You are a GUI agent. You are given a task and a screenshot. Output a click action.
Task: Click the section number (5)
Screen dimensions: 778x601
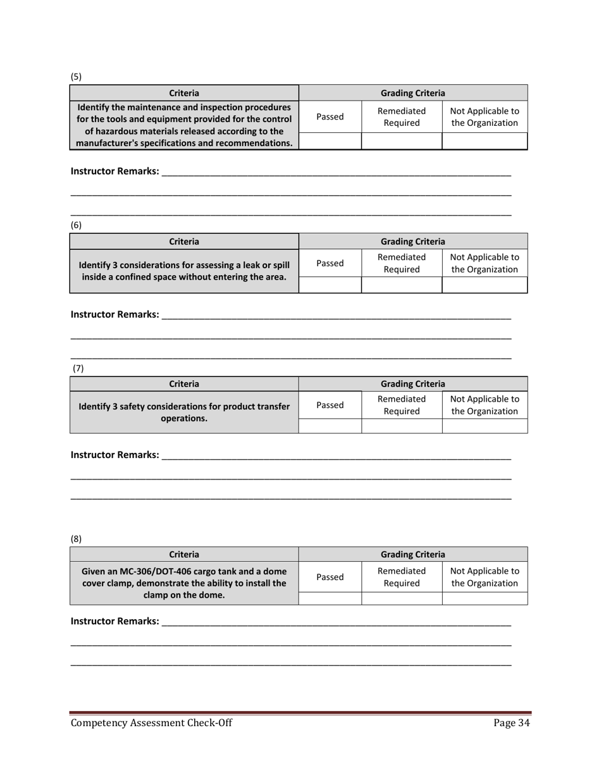click(76, 77)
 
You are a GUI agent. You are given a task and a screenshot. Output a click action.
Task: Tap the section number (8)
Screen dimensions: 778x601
click(76, 539)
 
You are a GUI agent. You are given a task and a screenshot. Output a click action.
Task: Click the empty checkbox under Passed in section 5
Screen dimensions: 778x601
click(330, 141)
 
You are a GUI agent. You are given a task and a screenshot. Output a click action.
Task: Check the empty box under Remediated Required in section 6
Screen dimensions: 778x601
click(401, 285)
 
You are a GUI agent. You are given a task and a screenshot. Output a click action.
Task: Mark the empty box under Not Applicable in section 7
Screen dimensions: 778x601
click(485, 426)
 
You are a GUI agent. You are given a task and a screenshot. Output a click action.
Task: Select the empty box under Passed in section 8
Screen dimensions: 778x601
click(330, 598)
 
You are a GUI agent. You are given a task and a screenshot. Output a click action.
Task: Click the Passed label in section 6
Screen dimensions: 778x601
click(330, 263)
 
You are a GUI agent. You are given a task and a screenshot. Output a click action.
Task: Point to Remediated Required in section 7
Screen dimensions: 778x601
click(401, 405)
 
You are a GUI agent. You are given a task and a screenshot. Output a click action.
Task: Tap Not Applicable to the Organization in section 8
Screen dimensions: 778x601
click(485, 577)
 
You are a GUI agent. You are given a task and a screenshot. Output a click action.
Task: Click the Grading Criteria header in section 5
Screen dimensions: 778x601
click(412, 93)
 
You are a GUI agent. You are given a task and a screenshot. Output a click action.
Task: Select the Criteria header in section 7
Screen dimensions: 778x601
click(184, 384)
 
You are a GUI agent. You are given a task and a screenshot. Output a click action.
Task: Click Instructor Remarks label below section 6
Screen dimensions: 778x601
click(115, 314)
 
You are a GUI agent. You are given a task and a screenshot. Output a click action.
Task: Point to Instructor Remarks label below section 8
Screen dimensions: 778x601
click(115, 622)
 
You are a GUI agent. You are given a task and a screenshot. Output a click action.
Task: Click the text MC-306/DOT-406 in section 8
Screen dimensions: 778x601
click(158, 572)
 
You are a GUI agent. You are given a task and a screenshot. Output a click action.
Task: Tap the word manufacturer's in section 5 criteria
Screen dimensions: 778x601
click(110, 143)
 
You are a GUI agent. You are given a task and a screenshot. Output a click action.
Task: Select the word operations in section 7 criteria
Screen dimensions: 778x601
click(184, 418)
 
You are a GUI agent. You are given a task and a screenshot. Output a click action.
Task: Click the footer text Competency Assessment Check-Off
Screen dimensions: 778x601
click(151, 724)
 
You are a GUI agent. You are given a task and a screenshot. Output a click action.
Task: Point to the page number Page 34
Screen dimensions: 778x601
click(511, 724)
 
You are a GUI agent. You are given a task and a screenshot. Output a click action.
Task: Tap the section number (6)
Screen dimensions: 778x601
click(76, 225)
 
